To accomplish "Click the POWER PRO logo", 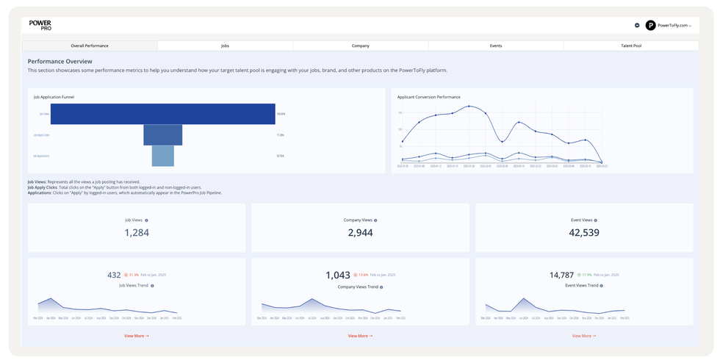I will coord(40,25).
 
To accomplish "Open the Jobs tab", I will coord(225,46).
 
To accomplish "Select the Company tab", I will coord(360,46).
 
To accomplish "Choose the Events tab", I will coord(496,46).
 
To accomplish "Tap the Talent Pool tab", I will coord(631,46).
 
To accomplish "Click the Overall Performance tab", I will coord(90,46).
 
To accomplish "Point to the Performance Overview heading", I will coord(60,62).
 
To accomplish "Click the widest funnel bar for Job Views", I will coord(163,114).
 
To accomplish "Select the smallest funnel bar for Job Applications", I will coord(163,156).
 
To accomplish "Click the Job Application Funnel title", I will coord(54,97).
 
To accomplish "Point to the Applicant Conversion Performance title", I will coord(428,97).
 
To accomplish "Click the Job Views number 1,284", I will coord(137,233).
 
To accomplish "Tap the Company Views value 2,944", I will coord(360,233).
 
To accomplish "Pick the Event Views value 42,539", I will coord(584,233).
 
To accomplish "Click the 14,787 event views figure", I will coord(561,275).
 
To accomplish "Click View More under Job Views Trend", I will coord(137,336).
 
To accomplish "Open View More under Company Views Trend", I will coord(360,336).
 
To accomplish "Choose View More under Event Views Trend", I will coord(584,336).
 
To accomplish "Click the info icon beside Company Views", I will coord(375,220).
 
